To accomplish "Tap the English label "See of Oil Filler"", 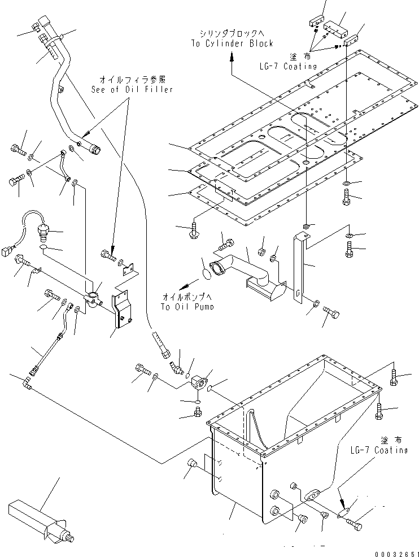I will click(x=132, y=89).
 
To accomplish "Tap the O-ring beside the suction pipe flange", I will click(x=208, y=272).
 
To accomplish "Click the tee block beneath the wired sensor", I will click(x=92, y=296).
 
